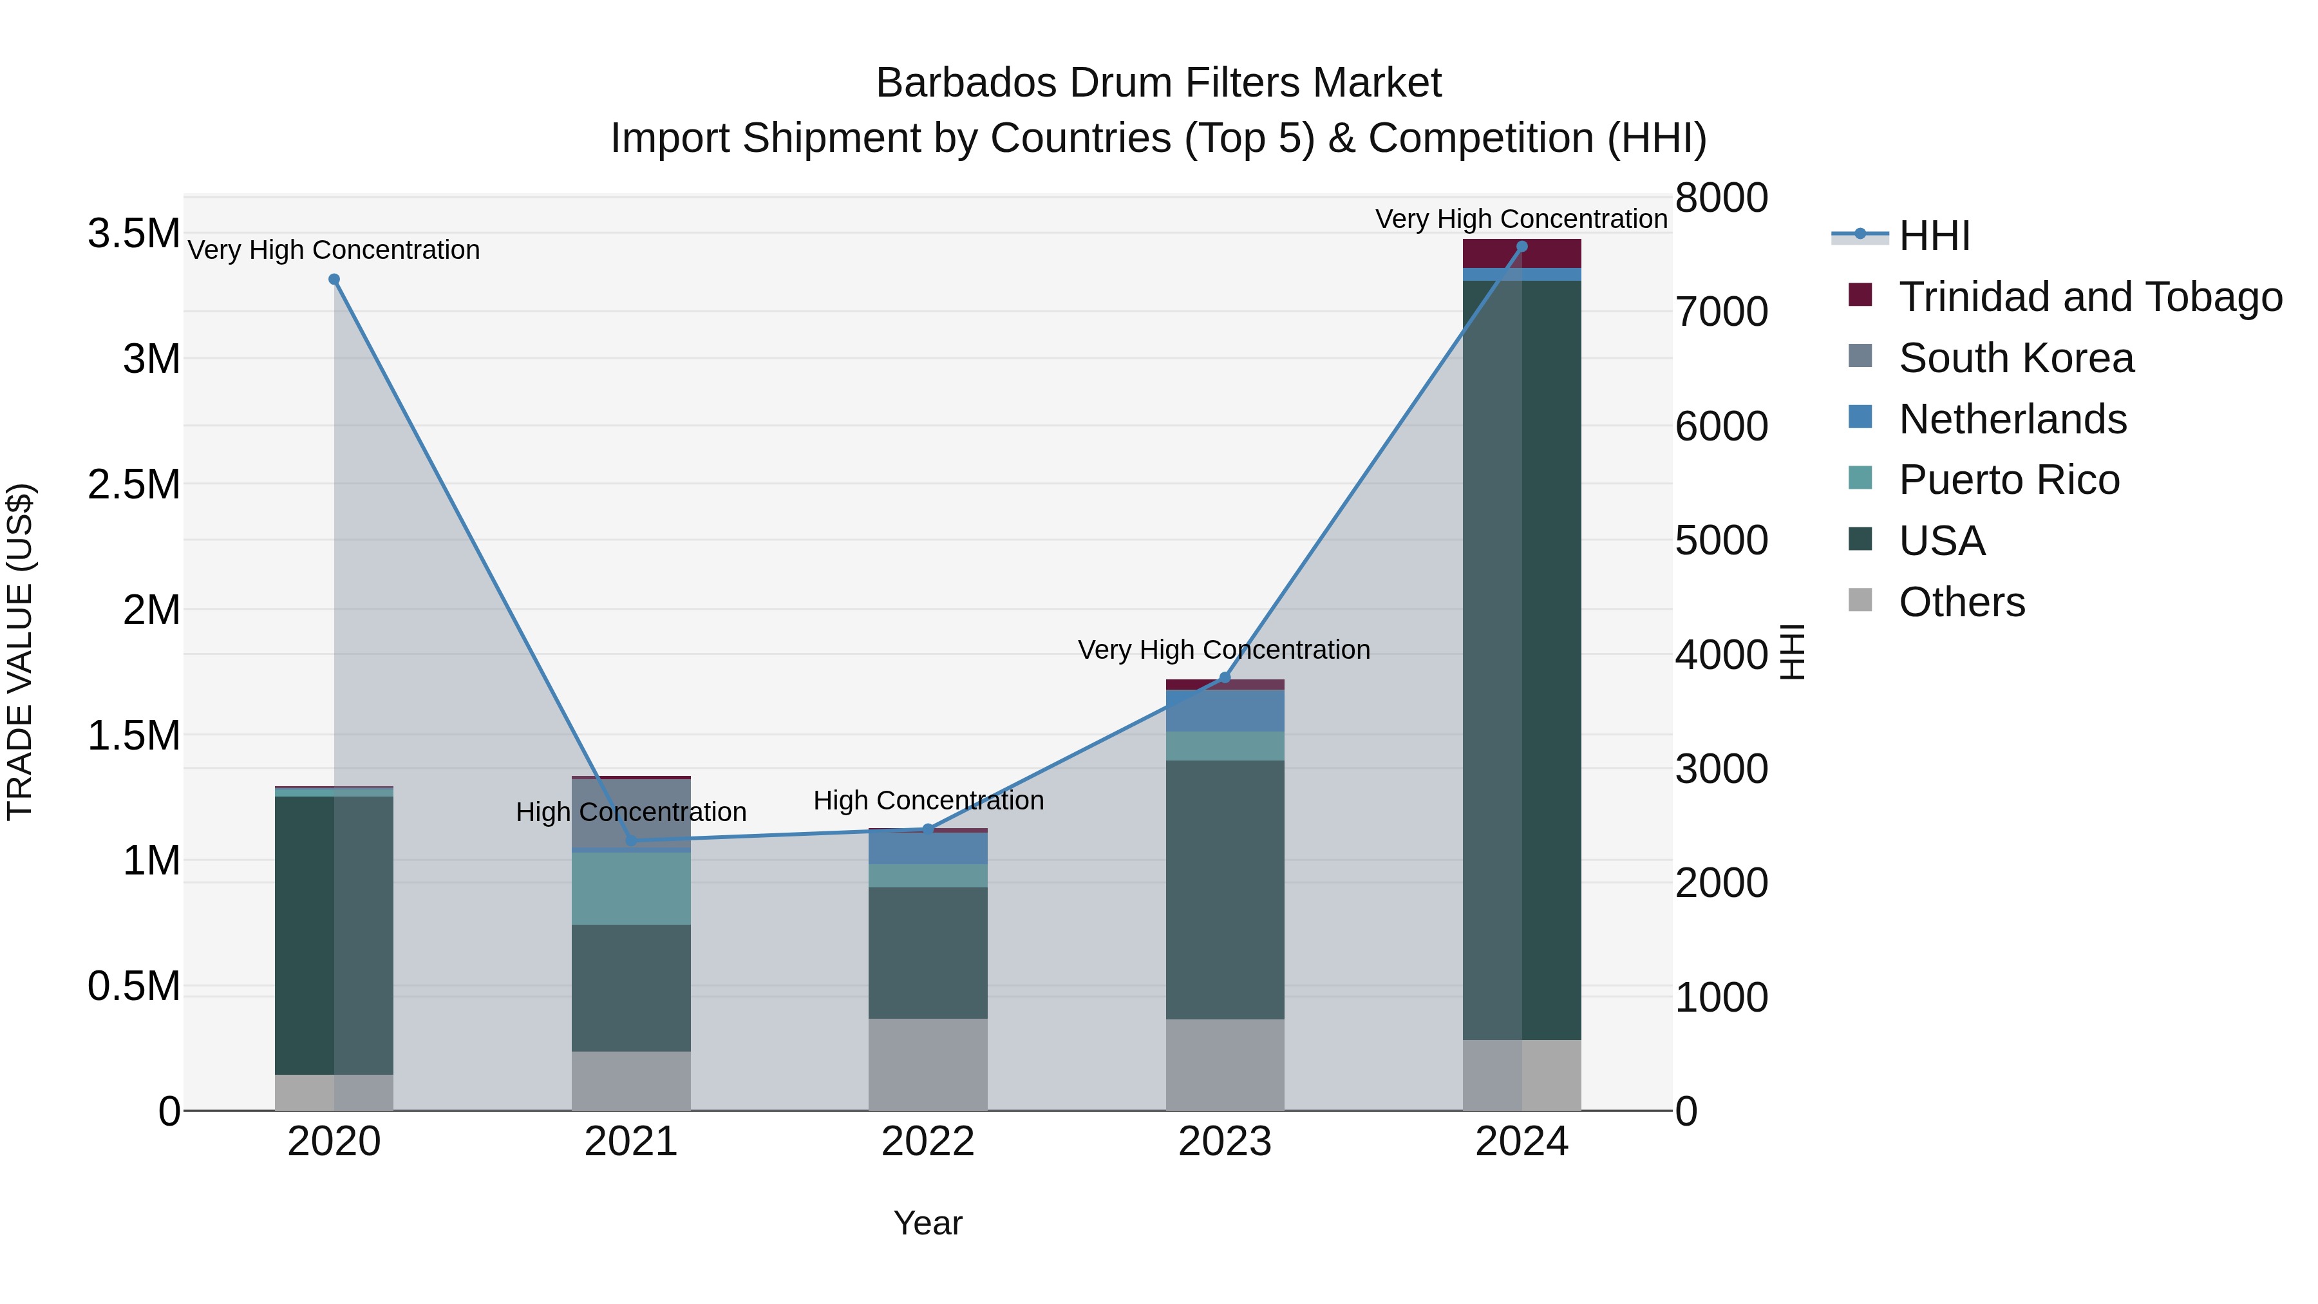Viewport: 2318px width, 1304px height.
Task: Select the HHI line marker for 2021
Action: (631, 840)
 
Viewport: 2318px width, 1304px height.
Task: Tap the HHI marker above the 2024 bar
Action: (1522, 247)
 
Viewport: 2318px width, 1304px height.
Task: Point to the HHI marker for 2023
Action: (1225, 677)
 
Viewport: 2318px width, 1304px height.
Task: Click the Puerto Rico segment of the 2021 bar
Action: (631, 888)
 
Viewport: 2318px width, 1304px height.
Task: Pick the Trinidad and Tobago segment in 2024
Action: (1522, 254)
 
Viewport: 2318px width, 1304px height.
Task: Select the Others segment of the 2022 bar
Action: (928, 1064)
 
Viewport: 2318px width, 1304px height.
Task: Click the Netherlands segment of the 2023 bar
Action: (1225, 711)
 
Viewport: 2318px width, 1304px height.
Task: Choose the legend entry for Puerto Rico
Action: (2008, 480)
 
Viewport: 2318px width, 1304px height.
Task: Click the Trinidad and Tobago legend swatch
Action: (1859, 295)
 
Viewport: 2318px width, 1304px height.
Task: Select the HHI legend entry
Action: (1935, 236)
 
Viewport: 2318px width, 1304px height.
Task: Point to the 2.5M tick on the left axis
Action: (133, 484)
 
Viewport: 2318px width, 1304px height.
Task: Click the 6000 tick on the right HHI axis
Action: (1721, 426)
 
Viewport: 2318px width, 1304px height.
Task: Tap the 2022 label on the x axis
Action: (928, 1142)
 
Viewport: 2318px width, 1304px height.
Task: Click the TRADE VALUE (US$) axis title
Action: (20, 652)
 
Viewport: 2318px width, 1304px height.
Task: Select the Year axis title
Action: (928, 1223)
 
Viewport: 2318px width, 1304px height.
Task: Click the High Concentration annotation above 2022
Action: (928, 800)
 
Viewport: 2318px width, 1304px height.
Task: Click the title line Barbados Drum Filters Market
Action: (1158, 83)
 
